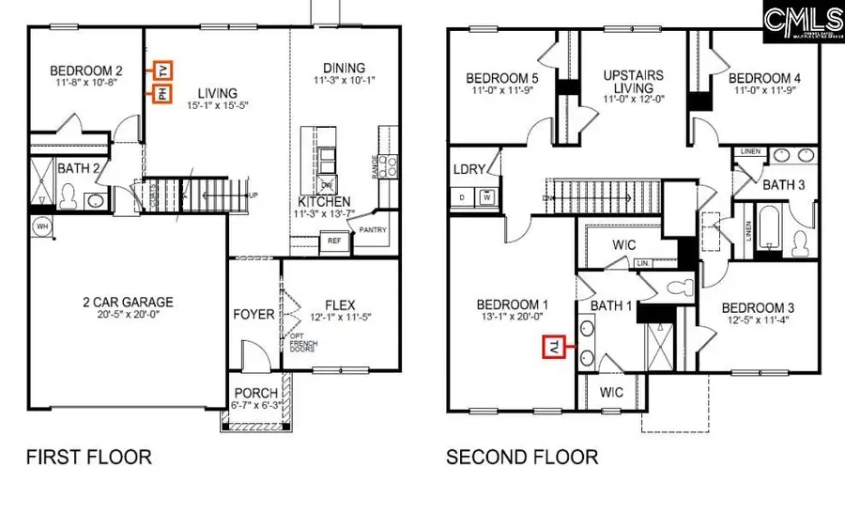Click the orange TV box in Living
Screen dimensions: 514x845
point(163,70)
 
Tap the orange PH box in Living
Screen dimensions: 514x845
point(161,93)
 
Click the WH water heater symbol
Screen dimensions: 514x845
point(41,226)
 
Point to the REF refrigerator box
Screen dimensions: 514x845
point(334,241)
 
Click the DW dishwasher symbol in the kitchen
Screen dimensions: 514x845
point(327,184)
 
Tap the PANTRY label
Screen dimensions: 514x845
point(374,229)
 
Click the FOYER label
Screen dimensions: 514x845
point(253,314)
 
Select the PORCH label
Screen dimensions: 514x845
point(256,393)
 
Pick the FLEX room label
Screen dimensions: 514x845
point(339,304)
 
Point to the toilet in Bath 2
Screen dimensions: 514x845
point(68,195)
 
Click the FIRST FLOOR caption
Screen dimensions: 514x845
point(88,458)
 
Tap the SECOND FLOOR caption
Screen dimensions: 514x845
point(521,458)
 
